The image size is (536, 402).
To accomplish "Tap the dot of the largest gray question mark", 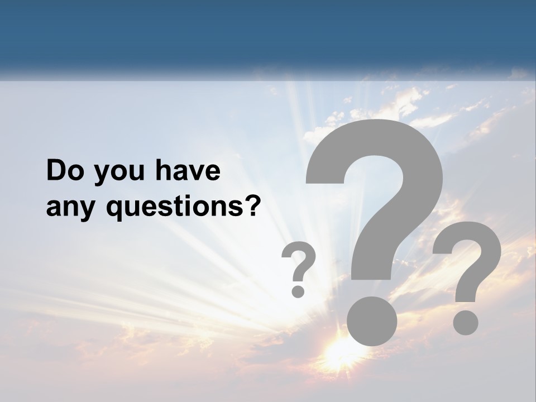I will [372, 320].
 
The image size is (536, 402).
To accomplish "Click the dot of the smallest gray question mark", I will [298, 290].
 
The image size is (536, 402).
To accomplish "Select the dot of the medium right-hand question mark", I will [465, 322].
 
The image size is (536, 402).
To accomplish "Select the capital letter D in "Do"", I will [56, 171].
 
